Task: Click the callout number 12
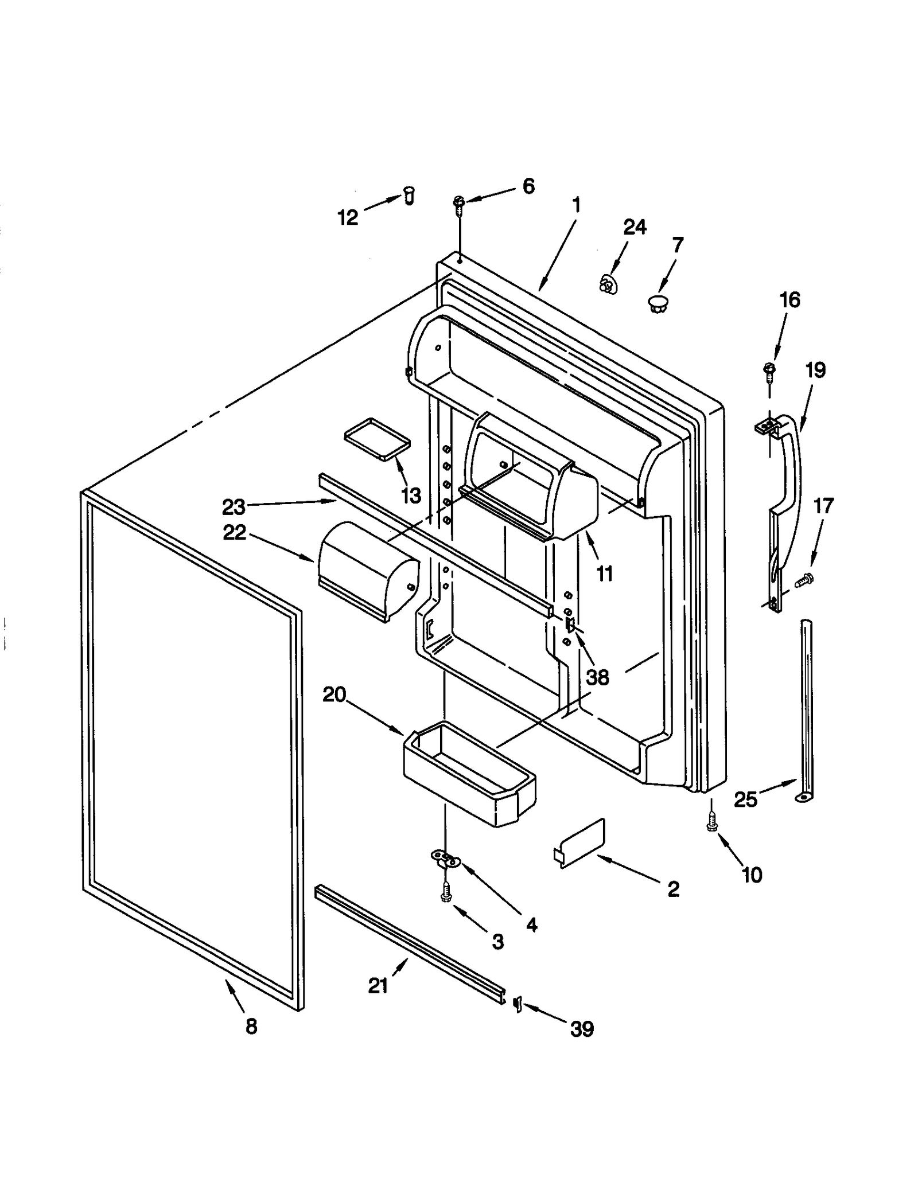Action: pyautogui.click(x=348, y=217)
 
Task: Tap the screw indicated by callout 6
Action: pyautogui.click(x=459, y=204)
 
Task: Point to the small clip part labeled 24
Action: pyautogui.click(x=606, y=283)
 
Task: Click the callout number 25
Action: pyautogui.click(x=746, y=799)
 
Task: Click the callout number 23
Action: pyautogui.click(x=234, y=507)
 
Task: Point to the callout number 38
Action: pyautogui.click(x=597, y=677)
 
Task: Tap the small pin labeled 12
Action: pyautogui.click(x=409, y=196)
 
